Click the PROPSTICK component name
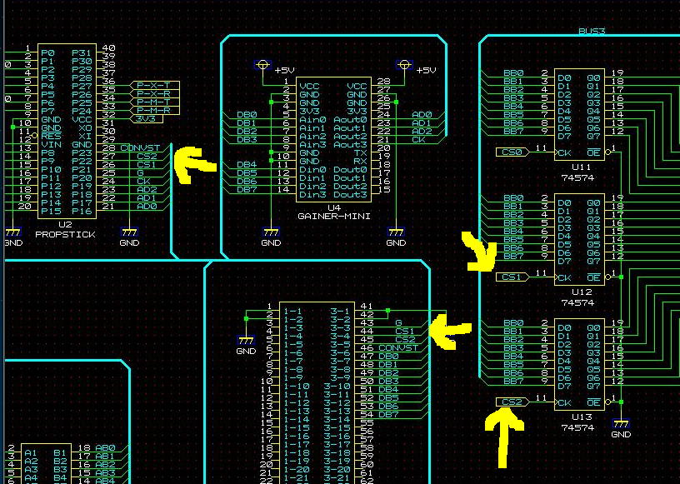pos(65,235)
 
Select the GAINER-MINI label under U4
pos(333,216)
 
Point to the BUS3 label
pos(591,32)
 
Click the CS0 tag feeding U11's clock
pos(512,152)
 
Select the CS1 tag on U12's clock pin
pos(512,277)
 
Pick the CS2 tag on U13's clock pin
pos(512,402)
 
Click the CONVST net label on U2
pos(139,148)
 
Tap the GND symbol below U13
pos(621,427)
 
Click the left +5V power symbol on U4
pos(263,65)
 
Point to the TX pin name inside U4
pos(360,153)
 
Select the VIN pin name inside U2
pos(50,145)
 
